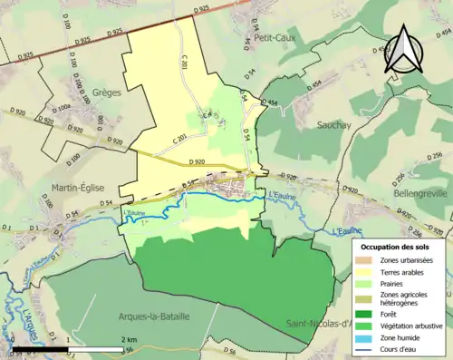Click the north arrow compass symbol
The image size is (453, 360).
pyautogui.click(x=406, y=53)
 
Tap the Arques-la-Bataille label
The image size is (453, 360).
pyautogui.click(x=154, y=316)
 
